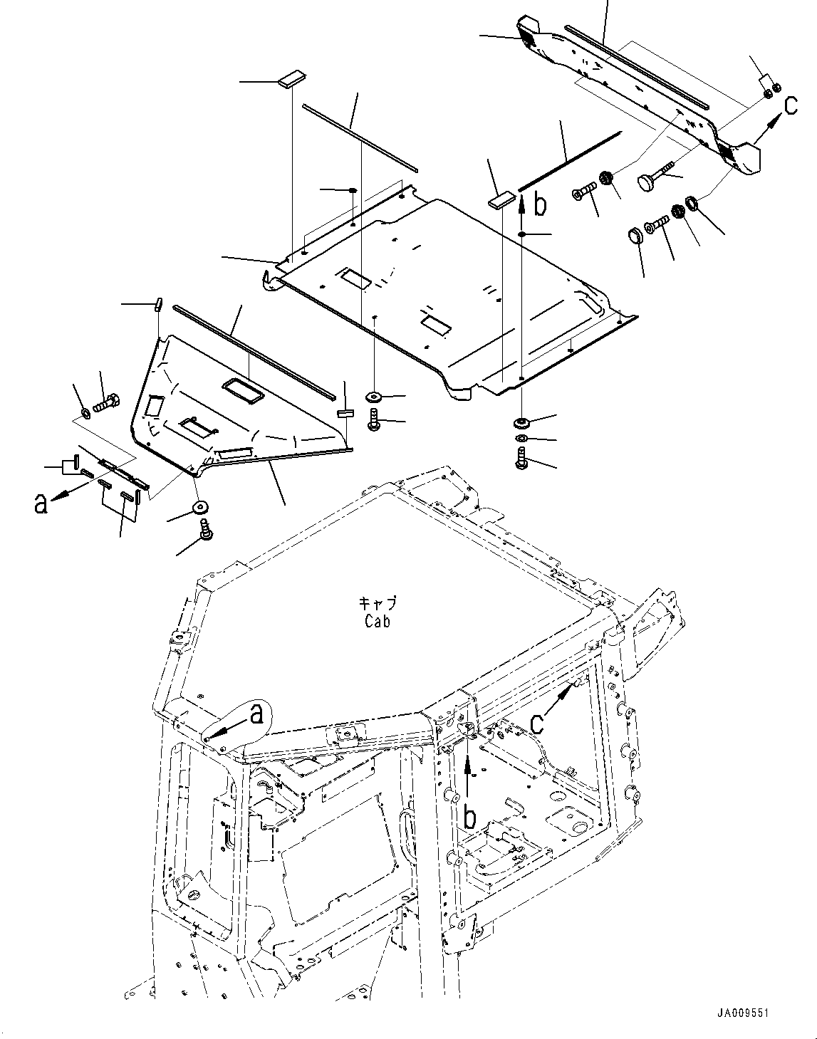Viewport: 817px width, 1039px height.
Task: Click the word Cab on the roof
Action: pyautogui.click(x=377, y=621)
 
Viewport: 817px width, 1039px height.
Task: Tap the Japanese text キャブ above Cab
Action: pyautogui.click(x=377, y=603)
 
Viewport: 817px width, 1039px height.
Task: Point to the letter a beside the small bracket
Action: pyautogui.click(x=42, y=503)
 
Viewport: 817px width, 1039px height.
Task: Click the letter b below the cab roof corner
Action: pyautogui.click(x=469, y=818)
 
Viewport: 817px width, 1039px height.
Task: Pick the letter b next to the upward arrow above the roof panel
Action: pyautogui.click(x=541, y=205)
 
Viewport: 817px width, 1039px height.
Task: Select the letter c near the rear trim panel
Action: pyautogui.click(x=791, y=105)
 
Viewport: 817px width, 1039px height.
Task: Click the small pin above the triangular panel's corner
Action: pyautogui.click(x=159, y=303)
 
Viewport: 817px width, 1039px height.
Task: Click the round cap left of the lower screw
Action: pyautogui.click(x=634, y=235)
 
